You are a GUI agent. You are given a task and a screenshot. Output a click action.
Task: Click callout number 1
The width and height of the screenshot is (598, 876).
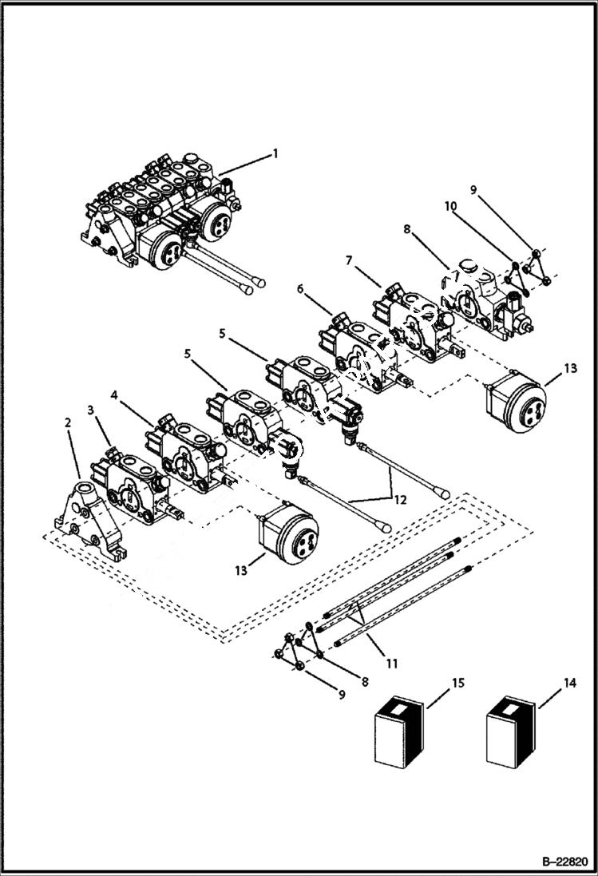coord(275,153)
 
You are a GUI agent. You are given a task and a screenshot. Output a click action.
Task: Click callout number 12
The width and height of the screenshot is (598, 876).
coord(399,500)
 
